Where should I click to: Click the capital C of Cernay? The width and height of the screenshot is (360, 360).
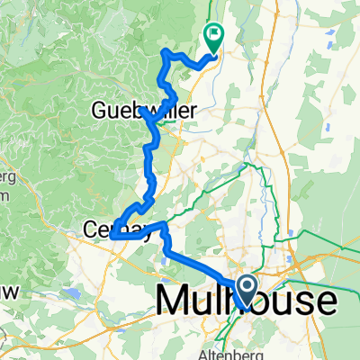point(92,229)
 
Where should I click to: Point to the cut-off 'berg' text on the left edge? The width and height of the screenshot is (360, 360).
point(5,175)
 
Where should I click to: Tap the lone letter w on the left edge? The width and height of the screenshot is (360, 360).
point(6,291)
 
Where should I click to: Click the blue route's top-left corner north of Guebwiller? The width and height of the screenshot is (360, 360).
point(163,54)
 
